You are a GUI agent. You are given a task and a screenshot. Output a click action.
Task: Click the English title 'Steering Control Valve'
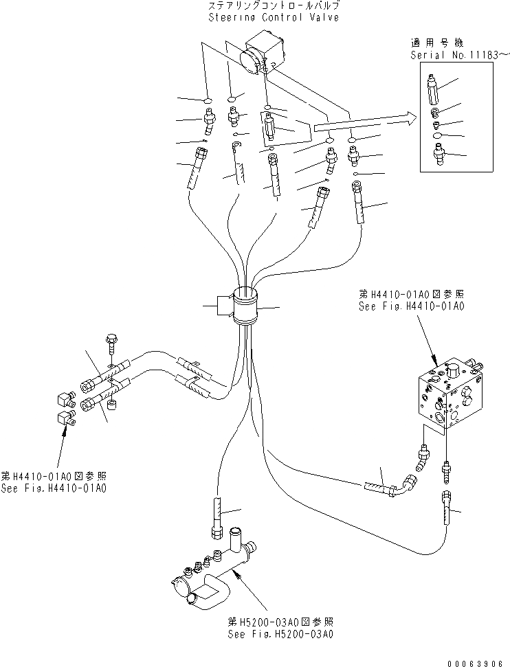pyautogui.click(x=274, y=17)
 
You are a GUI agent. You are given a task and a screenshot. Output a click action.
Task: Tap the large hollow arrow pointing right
pyautogui.click(x=364, y=124)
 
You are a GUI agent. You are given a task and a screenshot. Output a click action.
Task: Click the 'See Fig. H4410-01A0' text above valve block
pyautogui.click(x=411, y=305)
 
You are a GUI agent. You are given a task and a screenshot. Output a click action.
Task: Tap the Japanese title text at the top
pyautogui.click(x=274, y=5)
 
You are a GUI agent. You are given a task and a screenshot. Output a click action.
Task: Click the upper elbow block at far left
pyautogui.click(x=65, y=398)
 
